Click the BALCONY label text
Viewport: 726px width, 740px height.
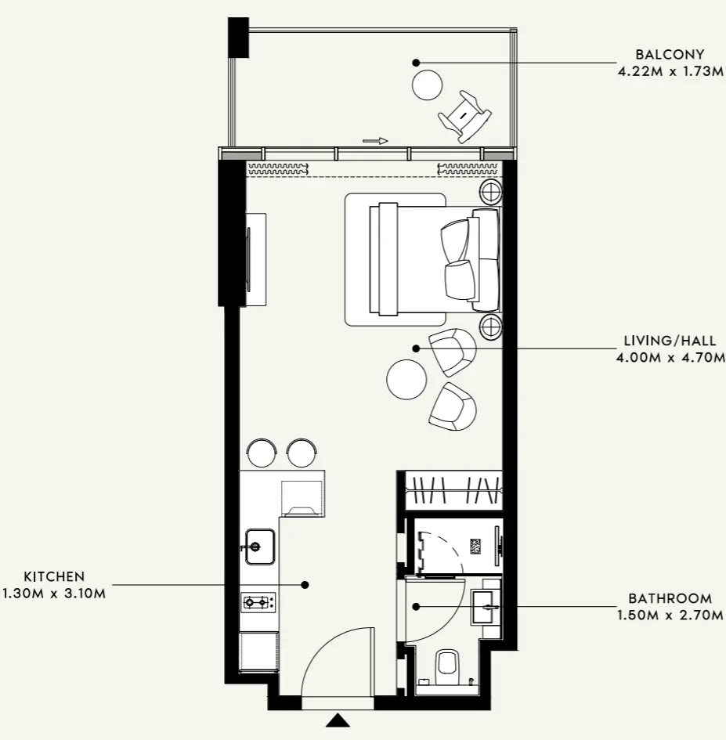(x=670, y=55)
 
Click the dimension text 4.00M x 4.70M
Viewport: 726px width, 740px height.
(x=670, y=357)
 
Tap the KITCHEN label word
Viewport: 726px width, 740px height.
(x=54, y=577)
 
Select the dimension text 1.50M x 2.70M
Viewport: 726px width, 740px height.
(x=670, y=615)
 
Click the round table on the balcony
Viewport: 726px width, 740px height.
(x=428, y=85)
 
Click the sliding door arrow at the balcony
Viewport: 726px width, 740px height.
(x=375, y=141)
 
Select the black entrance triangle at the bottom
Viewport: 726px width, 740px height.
(x=338, y=720)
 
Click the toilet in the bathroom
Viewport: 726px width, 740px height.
(x=447, y=665)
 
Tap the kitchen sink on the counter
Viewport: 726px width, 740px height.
(x=259, y=545)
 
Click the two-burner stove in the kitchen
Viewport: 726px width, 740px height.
(x=258, y=602)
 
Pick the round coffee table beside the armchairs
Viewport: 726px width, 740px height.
(x=406, y=379)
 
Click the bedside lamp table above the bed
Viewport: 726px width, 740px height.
(x=491, y=190)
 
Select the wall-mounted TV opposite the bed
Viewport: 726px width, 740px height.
(x=250, y=258)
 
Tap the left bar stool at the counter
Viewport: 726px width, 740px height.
(x=262, y=451)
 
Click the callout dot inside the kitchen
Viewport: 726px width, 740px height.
(x=305, y=584)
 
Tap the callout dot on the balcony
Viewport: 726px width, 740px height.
(x=417, y=62)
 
